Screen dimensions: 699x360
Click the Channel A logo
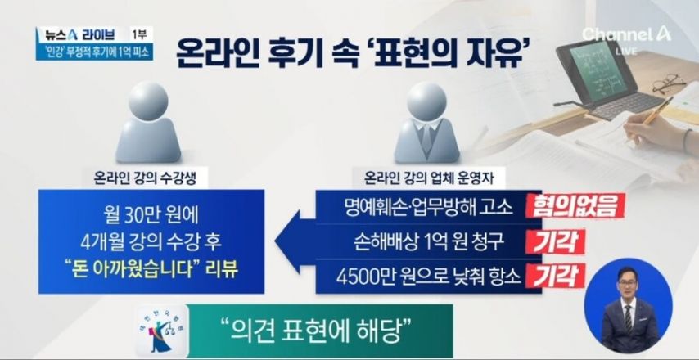626,34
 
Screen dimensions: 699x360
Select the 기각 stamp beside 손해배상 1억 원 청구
556,242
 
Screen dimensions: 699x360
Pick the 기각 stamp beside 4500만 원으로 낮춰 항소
556,276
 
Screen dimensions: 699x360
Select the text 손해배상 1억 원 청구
428,242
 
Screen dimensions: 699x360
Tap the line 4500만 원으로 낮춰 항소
428,277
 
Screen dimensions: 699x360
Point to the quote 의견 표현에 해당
315,331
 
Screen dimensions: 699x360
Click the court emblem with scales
162,331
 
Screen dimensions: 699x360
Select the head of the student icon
148,101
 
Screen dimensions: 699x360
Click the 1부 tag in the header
142,34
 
